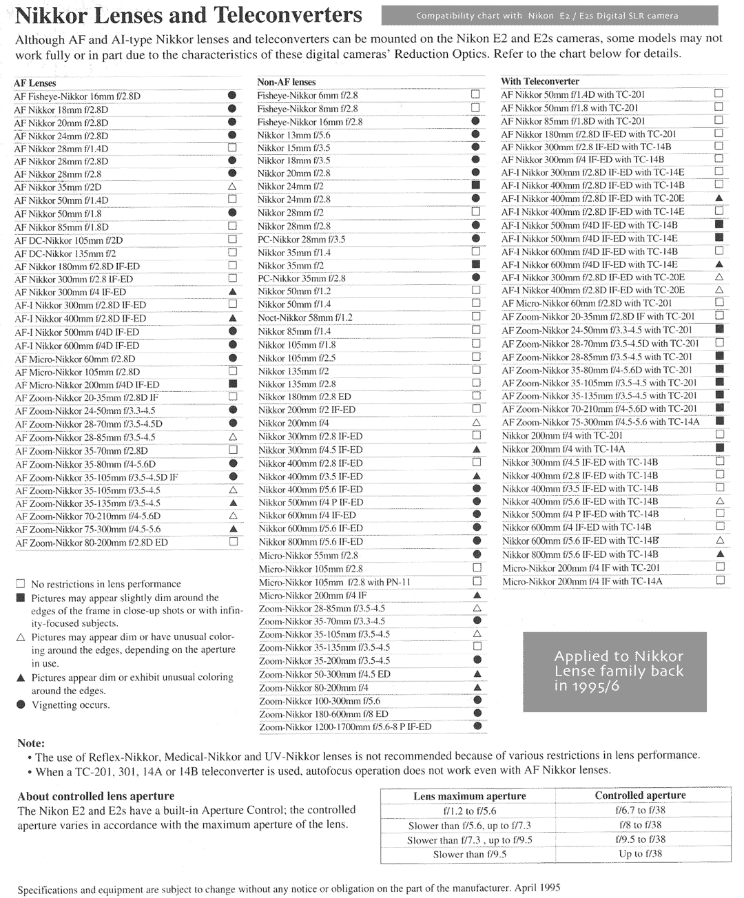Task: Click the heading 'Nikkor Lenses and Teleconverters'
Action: pos(188,15)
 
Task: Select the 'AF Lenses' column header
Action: pos(35,83)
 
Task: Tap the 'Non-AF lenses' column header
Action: pos(286,82)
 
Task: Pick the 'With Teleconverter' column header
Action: pos(539,81)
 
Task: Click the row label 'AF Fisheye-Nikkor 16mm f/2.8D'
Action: pos(77,96)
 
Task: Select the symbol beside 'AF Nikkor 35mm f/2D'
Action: pos(232,187)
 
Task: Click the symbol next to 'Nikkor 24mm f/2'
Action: pos(475,186)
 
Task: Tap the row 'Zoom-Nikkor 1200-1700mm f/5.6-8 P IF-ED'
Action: pos(345,727)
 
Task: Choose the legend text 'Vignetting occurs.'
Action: pos(70,705)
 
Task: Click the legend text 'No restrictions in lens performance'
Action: pos(106,584)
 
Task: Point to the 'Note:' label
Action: pos(31,743)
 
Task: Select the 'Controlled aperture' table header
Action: pos(640,795)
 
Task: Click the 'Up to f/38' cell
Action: pos(640,854)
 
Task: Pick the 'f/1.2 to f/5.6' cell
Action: pos(469,811)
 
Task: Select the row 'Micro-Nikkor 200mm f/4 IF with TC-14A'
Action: pos(582,581)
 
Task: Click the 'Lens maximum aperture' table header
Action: pos(469,796)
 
